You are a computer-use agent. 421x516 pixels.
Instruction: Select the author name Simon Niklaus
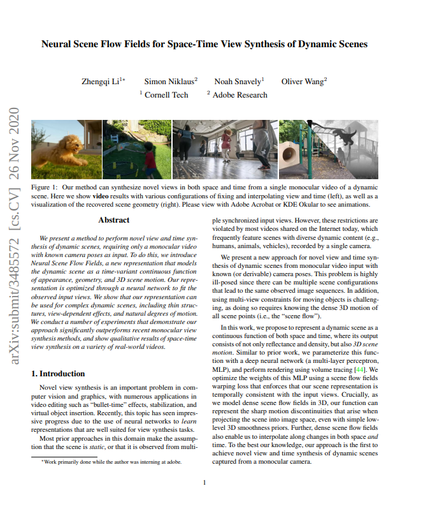click(x=169, y=82)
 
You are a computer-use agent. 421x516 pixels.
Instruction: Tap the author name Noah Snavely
click(x=237, y=82)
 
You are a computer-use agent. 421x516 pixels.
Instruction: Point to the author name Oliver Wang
click(x=303, y=82)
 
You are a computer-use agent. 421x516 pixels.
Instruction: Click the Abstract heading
click(x=114, y=220)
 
